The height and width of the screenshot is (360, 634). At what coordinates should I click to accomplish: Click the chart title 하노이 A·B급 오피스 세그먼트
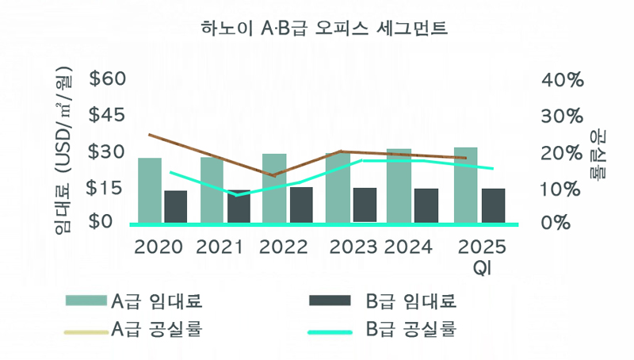[324, 30]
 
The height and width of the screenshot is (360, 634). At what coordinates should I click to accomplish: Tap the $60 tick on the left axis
[108, 79]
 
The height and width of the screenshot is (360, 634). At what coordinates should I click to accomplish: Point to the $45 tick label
[108, 115]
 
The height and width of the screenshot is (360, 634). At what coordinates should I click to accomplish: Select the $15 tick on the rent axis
[108, 188]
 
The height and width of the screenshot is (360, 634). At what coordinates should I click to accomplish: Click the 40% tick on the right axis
[562, 80]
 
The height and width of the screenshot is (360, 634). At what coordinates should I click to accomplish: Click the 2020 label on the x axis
[158, 247]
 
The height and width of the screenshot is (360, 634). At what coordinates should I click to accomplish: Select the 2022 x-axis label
[284, 247]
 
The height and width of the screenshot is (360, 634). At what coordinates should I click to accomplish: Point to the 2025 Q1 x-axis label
[480, 255]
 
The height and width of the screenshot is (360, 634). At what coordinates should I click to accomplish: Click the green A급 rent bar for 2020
[150, 190]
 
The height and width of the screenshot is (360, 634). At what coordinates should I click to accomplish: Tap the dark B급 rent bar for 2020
[175, 206]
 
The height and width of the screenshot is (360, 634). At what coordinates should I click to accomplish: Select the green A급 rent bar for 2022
[274, 188]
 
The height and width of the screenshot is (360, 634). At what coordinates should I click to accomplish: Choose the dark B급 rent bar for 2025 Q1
[493, 205]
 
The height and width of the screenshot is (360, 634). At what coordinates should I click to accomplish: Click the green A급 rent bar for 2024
[399, 186]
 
